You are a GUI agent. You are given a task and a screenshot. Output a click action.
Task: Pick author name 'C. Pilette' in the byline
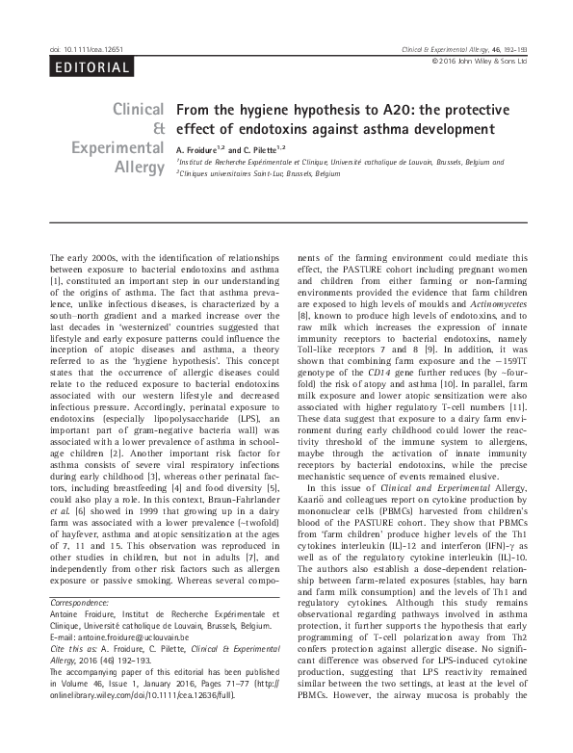click(261, 151)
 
